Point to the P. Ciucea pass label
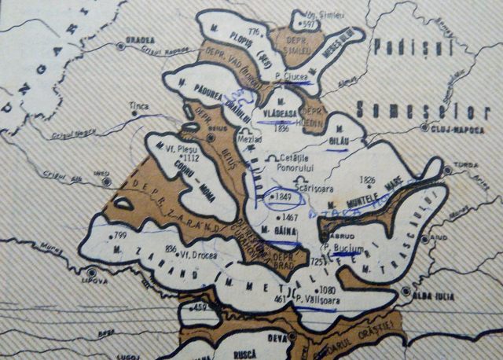point(290,77)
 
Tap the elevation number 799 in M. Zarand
point(119,235)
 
